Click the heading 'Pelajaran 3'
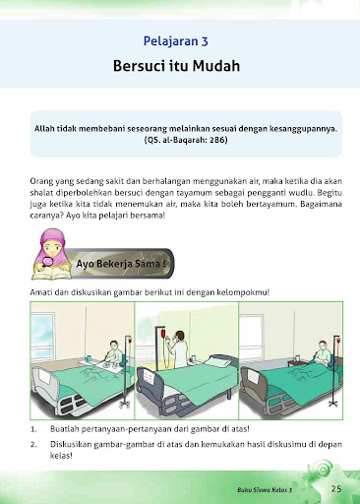point(179,42)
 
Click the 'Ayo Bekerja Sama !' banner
point(122,264)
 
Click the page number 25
point(336,487)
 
